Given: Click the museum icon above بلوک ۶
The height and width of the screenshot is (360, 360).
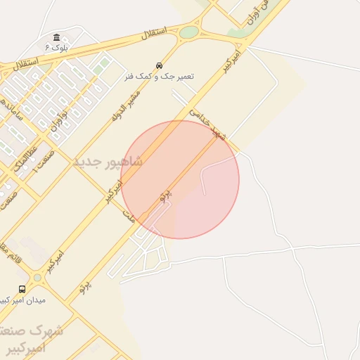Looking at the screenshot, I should (56, 37).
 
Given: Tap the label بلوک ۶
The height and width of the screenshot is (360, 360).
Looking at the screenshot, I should (57, 47).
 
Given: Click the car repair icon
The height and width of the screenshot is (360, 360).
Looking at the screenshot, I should (160, 65).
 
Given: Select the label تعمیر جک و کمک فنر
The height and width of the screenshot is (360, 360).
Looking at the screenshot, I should (160, 75).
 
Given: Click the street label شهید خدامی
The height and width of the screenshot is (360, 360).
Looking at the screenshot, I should (208, 124).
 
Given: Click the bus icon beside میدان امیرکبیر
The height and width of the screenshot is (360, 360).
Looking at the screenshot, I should (22, 289).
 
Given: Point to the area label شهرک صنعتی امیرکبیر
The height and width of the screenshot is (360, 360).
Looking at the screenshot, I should (35, 337).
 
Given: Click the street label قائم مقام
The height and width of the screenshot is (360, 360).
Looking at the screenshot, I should (14, 250).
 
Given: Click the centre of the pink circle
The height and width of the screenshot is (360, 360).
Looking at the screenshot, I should (180, 179).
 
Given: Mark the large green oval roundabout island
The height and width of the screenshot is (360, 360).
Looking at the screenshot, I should (189, 32).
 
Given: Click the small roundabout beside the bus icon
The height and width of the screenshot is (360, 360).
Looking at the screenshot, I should (37, 278).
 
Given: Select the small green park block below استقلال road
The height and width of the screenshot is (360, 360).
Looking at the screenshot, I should (103, 64).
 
